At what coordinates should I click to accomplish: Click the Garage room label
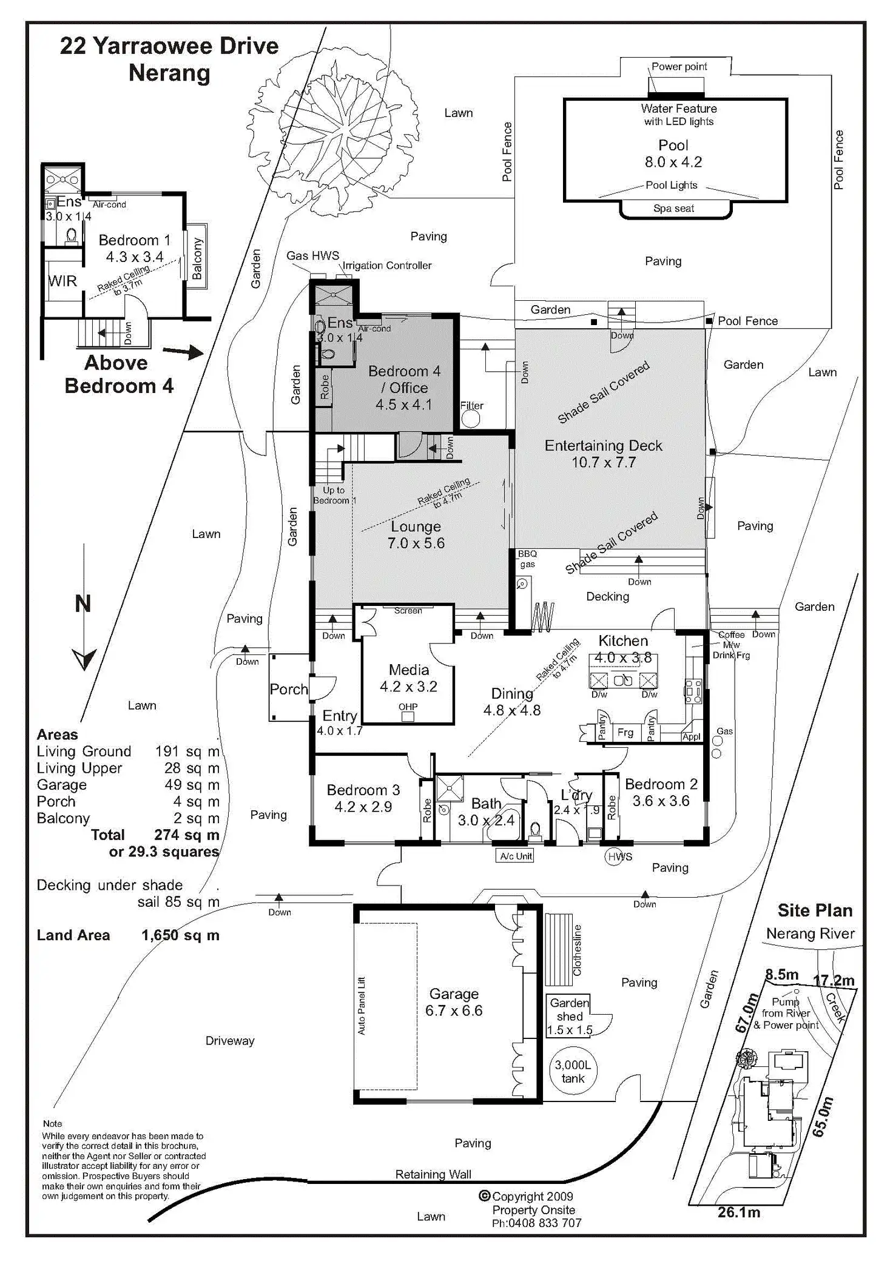(454, 994)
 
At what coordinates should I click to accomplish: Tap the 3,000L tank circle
(572, 1072)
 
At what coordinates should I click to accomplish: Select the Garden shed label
(569, 1009)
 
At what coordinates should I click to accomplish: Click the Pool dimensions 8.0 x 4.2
(673, 162)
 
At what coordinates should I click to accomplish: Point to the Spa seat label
(673, 208)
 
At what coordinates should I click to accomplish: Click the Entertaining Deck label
(603, 446)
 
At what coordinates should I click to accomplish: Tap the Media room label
(408, 670)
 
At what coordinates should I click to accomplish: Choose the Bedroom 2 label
(661, 784)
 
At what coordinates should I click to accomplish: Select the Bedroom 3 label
(363, 790)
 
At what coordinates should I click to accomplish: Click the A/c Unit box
(516, 856)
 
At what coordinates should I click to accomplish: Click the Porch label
(289, 689)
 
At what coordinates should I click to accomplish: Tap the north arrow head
(84, 658)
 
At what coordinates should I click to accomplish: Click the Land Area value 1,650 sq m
(180, 935)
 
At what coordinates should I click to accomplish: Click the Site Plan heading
(815, 910)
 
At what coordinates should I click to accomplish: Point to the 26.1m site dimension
(738, 1212)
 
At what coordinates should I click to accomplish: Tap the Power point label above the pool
(679, 67)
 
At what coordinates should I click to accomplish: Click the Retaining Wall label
(433, 1174)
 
